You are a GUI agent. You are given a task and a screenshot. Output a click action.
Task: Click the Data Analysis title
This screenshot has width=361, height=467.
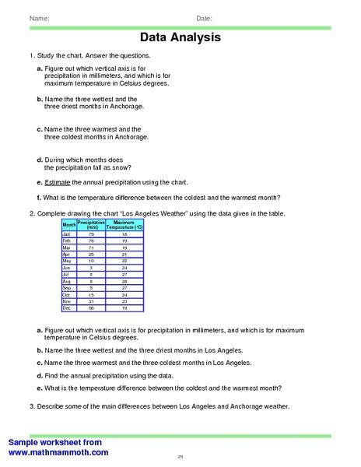pos(180,37)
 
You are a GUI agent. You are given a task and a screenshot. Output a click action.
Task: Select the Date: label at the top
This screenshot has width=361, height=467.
pos(204,17)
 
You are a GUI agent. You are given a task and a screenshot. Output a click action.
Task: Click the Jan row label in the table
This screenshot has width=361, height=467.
pos(67,233)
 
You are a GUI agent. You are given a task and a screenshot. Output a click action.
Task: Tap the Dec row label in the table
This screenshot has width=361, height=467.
pos(67,308)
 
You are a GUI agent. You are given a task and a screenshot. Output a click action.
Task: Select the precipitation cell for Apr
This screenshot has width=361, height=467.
pos(91,254)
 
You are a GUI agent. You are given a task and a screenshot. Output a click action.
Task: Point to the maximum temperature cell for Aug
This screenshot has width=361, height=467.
pos(124,281)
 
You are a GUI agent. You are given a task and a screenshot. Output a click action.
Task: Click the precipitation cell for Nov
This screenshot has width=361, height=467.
pos(91,301)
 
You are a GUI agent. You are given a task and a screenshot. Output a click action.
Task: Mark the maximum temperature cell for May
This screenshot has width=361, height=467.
pos(124,261)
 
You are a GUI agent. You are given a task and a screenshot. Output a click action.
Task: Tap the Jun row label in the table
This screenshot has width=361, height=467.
pos(67,268)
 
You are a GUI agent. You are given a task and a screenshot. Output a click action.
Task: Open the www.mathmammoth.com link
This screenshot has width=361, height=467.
pos(58,451)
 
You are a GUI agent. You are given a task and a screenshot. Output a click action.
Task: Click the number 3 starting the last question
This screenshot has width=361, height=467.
pos(30,406)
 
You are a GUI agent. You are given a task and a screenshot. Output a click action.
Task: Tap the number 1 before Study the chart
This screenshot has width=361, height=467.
pos(30,57)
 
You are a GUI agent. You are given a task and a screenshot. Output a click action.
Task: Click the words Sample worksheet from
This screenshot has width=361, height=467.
pos(55,442)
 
